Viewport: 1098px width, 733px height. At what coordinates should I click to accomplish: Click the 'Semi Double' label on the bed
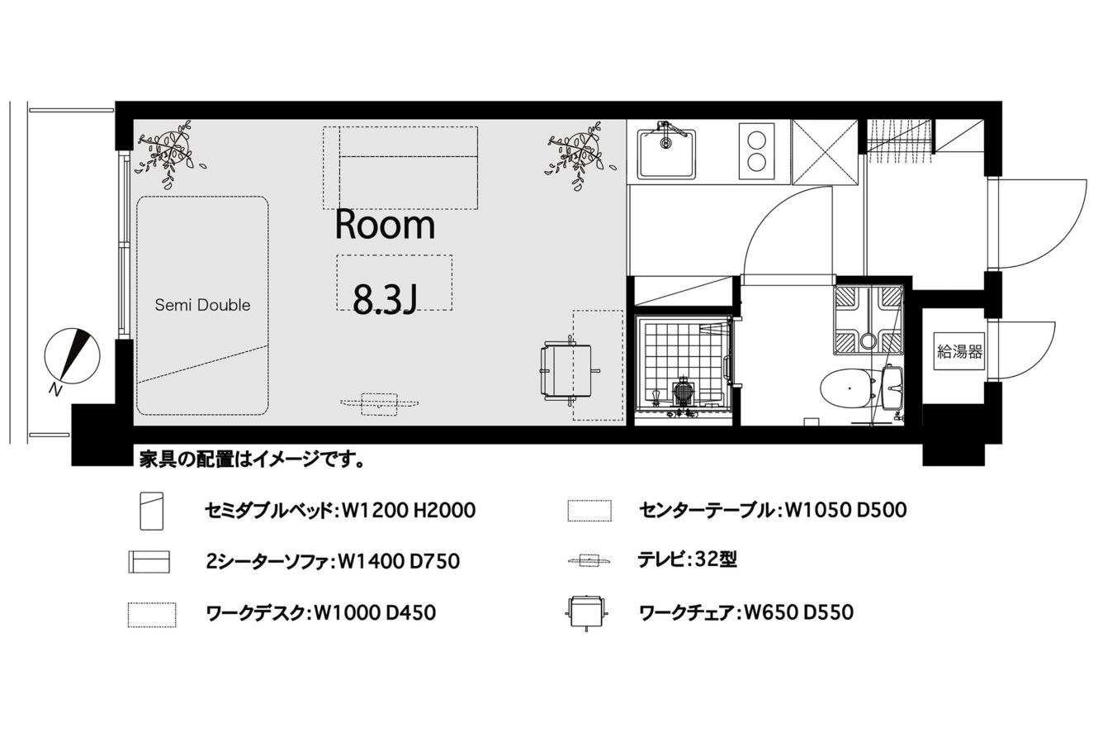[202, 305]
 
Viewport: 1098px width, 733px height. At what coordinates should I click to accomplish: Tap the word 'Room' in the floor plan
[385, 226]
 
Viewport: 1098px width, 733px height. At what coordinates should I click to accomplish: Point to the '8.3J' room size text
[386, 299]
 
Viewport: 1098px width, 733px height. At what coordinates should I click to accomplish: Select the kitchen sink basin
[667, 154]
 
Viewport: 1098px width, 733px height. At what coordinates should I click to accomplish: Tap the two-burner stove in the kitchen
[757, 151]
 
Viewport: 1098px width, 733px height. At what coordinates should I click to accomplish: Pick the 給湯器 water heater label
[959, 352]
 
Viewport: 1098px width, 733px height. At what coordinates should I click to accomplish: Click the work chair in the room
[569, 370]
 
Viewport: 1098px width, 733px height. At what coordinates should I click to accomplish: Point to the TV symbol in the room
[380, 403]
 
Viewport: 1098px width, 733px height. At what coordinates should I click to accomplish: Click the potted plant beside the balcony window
[168, 155]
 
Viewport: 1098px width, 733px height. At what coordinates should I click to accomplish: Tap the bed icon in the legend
[151, 511]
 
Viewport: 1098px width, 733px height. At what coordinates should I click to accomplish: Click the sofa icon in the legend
[149, 562]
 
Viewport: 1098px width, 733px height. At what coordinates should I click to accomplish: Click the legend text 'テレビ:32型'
[687, 559]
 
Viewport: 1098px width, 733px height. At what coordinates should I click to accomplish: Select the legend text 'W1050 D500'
[846, 510]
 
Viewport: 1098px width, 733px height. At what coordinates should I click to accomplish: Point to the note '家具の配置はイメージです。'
[252, 459]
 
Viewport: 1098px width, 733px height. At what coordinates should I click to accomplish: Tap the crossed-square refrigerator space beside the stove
[825, 153]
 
